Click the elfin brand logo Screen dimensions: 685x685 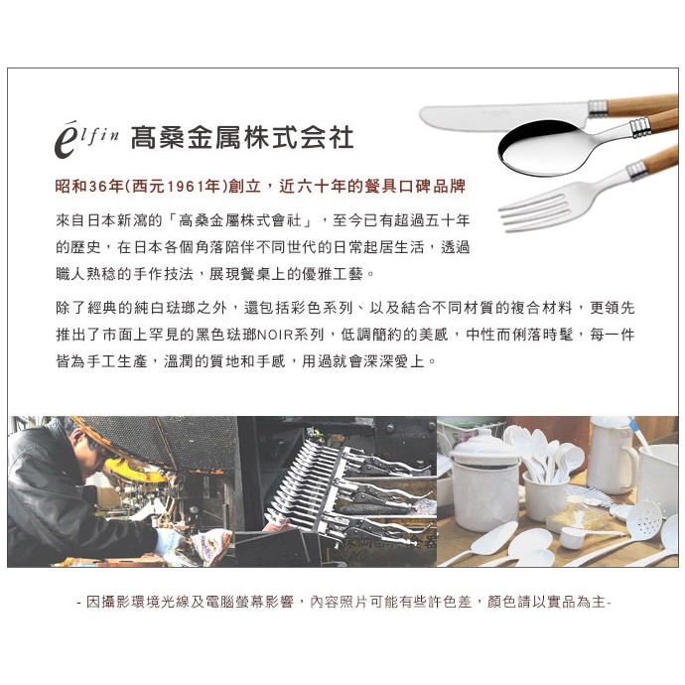coord(86,139)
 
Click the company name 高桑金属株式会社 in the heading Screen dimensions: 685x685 coord(242,138)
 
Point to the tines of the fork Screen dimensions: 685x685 coord(534,212)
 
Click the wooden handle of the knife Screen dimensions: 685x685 coord(642,104)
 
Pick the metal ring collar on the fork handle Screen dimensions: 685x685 coord(636,170)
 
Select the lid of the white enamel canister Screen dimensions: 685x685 coord(483,446)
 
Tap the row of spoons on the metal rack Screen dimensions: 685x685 coord(302,480)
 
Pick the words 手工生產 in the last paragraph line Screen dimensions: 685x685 coord(117,361)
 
